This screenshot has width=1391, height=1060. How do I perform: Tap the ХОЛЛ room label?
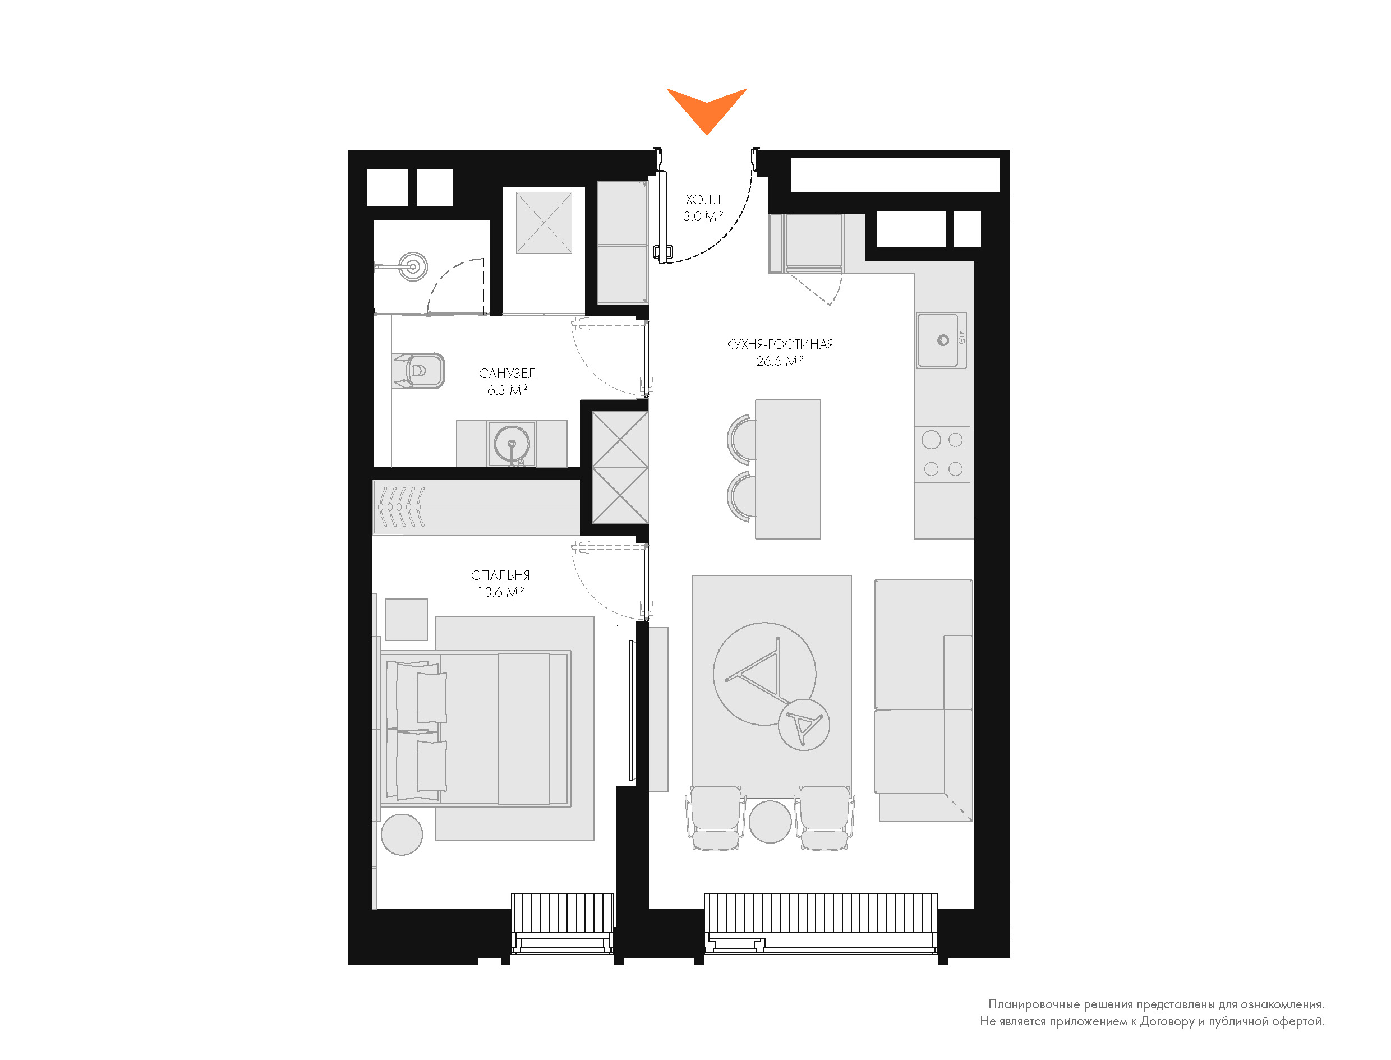[x=703, y=200]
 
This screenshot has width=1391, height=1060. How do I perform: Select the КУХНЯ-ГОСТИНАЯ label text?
[x=779, y=344]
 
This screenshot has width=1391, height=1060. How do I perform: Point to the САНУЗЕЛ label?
[x=507, y=374]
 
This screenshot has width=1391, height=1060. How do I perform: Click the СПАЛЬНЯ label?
[x=500, y=575]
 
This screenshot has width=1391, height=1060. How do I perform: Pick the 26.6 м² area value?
[x=779, y=362]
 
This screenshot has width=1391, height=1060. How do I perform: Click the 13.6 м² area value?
[x=500, y=592]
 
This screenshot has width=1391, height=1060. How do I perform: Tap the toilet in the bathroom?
[x=420, y=371]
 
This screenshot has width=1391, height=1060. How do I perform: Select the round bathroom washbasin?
[x=512, y=444]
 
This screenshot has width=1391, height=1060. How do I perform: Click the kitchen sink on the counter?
[x=941, y=341]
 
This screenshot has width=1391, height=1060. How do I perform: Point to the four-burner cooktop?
[x=942, y=454]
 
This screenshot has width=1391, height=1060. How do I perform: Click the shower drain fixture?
[x=413, y=266]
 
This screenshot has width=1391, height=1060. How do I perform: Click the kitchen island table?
[x=788, y=469]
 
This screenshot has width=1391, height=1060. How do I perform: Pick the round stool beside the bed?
[x=402, y=835]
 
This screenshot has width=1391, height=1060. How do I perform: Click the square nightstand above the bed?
[x=406, y=620]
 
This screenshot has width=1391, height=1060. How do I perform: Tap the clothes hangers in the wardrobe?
[x=401, y=506]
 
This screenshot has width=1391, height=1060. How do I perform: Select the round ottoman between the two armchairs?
[x=770, y=822]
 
